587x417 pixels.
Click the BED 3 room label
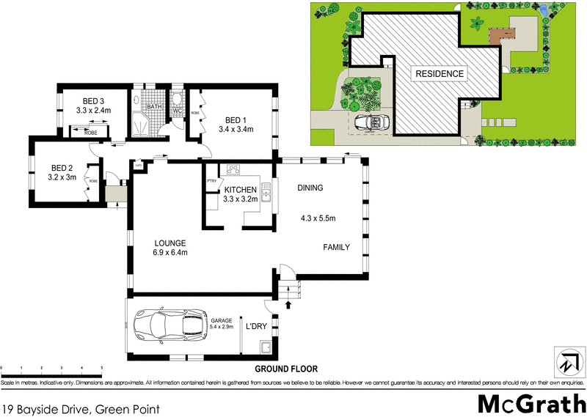tap(92, 101)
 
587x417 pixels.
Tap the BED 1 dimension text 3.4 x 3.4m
tap(236, 130)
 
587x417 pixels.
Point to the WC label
tap(177, 111)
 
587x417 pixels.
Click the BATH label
tap(154, 107)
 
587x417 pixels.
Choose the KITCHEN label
tap(239, 189)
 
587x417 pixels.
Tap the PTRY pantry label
tap(212, 181)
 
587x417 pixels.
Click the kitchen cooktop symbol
tap(234, 170)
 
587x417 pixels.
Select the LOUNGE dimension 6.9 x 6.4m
tap(169, 254)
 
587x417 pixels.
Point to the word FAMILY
tap(337, 248)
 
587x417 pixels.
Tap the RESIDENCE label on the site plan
tap(440, 73)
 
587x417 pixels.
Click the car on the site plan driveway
tap(371, 122)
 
